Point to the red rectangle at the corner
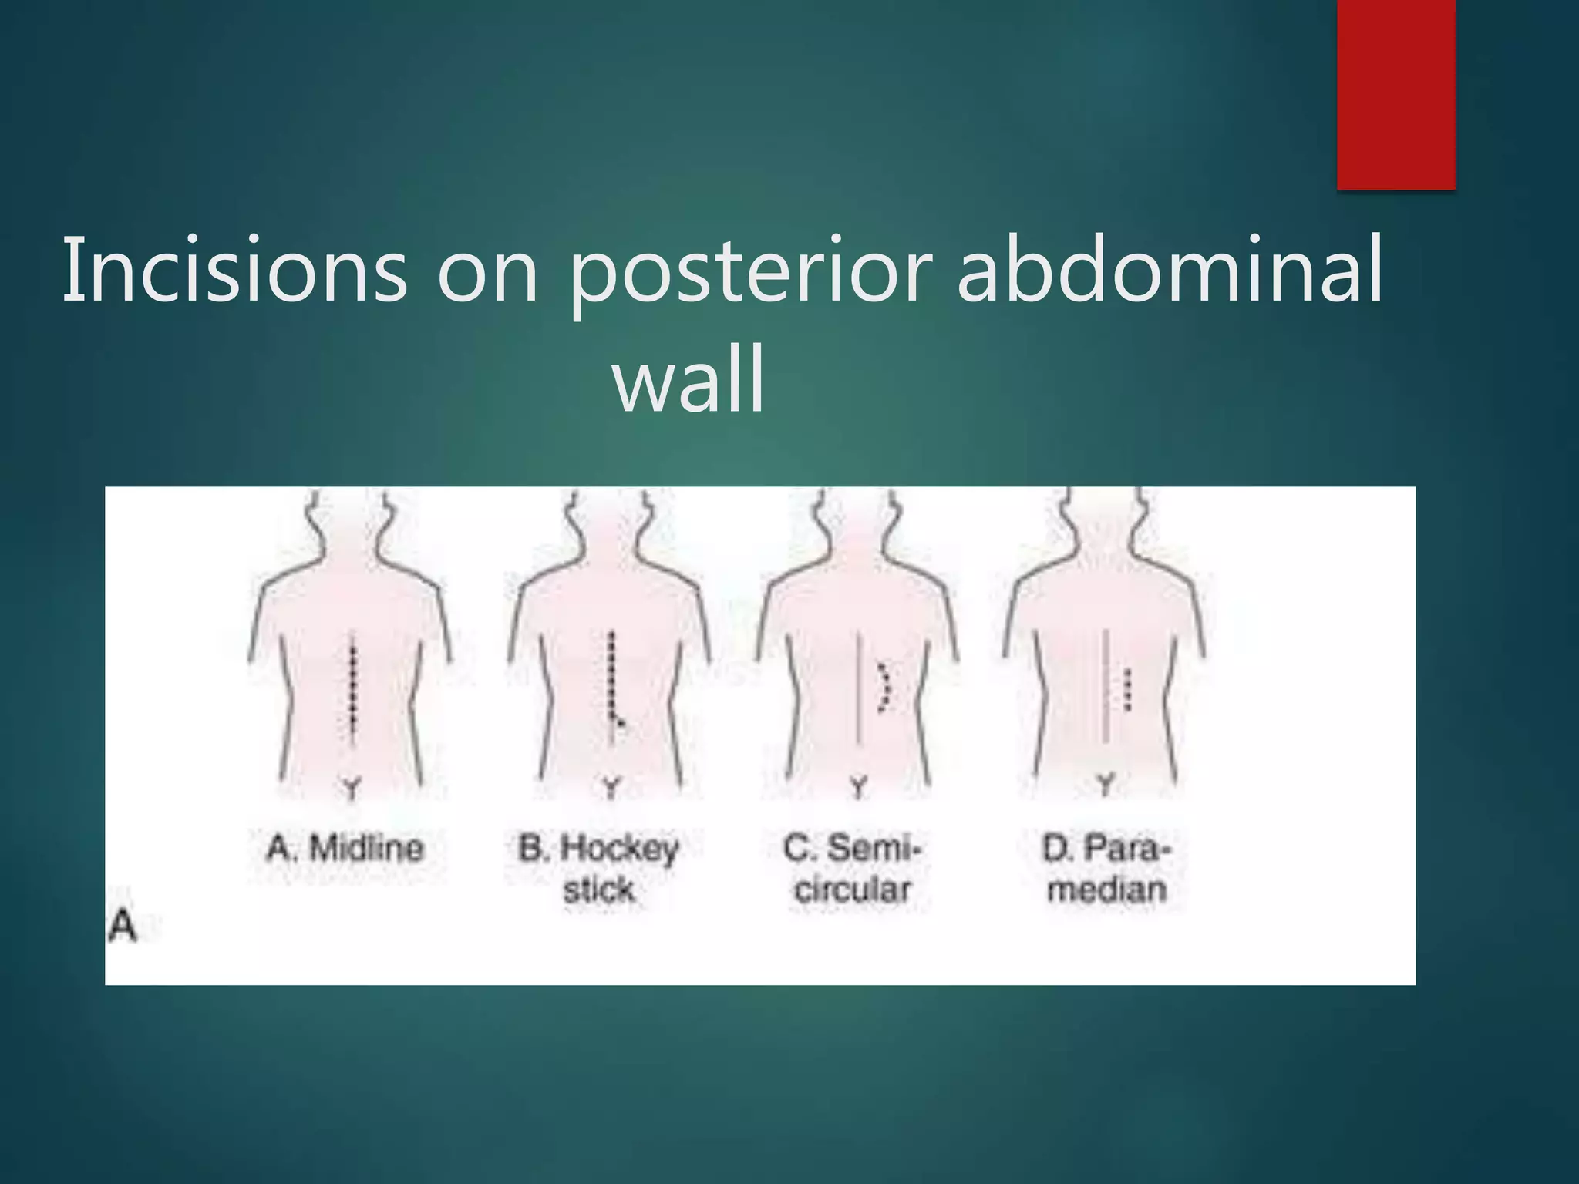1396,92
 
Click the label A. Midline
345,849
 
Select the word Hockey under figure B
620,849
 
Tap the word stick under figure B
598,890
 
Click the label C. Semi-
852,849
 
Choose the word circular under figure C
853,890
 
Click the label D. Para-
1106,849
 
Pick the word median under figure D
1106,890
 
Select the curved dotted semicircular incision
887,685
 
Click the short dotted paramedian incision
1128,688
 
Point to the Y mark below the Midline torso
352,789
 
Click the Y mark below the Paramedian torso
1106,785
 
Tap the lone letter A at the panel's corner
123,927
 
